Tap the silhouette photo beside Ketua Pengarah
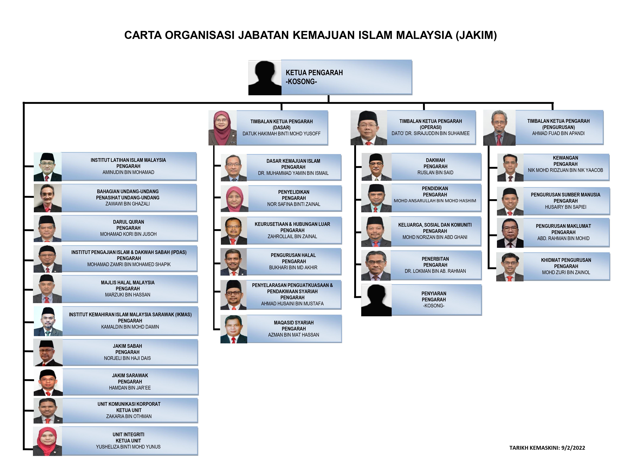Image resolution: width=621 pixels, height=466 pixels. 265,78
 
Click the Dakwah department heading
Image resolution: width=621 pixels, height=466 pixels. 435,160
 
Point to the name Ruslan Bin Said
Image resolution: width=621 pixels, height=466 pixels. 435,172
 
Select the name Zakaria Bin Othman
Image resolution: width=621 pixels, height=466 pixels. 129,416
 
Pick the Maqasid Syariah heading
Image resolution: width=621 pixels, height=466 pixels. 294,323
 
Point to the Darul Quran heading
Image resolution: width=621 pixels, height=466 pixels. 128,222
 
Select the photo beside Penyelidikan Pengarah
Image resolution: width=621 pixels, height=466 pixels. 234,199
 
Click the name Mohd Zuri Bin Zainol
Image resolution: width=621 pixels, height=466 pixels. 566,272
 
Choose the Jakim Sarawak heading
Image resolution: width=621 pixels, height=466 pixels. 130,376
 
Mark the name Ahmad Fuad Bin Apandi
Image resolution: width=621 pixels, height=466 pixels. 558,133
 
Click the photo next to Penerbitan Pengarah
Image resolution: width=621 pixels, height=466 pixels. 376,265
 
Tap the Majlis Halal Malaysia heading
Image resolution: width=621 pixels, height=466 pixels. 128,283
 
